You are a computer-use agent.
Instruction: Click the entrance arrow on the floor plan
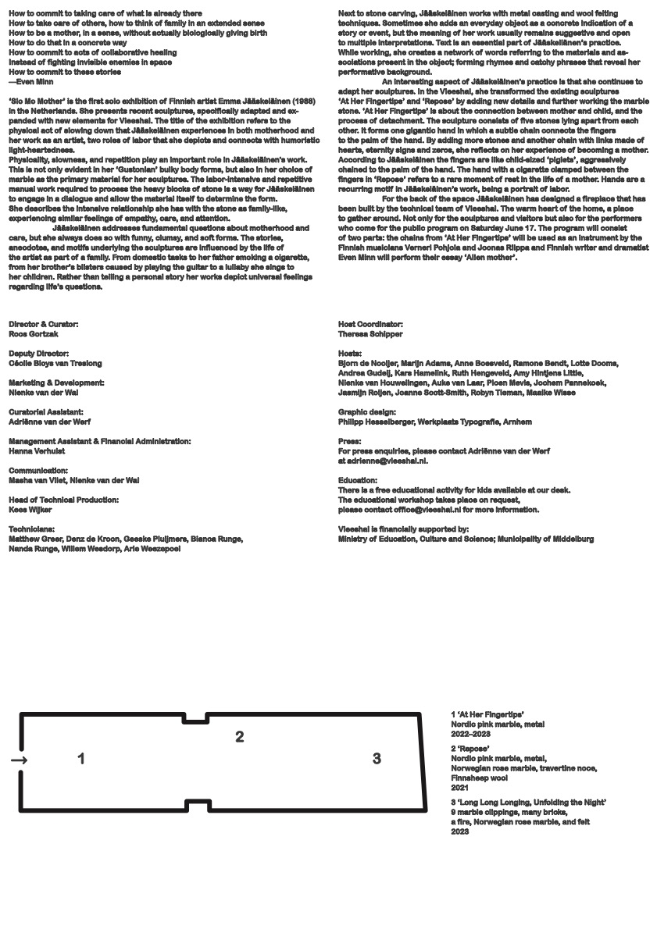[x=20, y=760]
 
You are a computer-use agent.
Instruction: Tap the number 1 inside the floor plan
[x=81, y=758]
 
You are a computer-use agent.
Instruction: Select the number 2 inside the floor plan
[x=240, y=736]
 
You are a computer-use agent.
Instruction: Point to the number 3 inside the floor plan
[x=377, y=758]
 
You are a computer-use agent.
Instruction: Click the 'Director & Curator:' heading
[x=44, y=324]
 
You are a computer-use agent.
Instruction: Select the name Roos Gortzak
[x=34, y=333]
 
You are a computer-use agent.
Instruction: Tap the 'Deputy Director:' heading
[x=40, y=353]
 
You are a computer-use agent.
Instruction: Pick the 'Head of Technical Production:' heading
[x=64, y=500]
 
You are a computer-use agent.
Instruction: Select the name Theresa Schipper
[x=370, y=333]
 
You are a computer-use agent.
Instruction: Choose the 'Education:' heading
[x=358, y=480]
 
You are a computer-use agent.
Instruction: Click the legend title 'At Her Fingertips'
[x=491, y=714]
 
